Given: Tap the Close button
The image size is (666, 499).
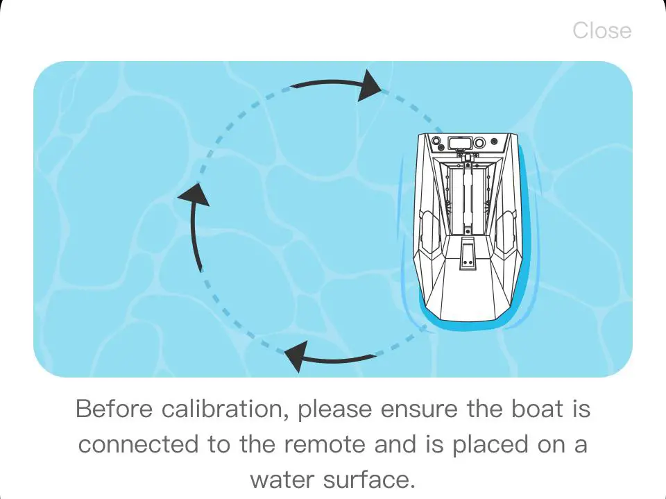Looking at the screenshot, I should pos(601,31).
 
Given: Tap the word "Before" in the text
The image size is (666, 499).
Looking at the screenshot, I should pos(114,409).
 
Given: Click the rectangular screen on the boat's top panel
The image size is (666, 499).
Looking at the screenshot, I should pos(459,142).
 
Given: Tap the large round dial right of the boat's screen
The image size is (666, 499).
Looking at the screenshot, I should pos(479,143).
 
